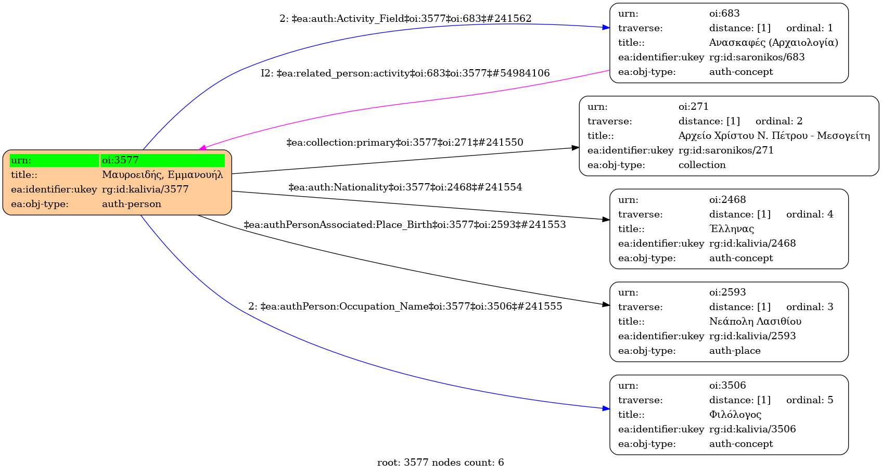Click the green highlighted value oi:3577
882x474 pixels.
[120, 160]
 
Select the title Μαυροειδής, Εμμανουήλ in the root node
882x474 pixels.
[162, 175]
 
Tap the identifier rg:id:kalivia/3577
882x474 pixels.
[145, 189]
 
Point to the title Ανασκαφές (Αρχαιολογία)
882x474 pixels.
[773, 43]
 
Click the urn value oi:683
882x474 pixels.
[724, 14]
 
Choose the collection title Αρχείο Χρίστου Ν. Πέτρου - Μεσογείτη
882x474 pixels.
[774, 136]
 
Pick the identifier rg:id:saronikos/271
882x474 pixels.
[726, 150]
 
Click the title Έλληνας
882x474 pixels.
[731, 229]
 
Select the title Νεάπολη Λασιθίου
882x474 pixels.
[755, 322]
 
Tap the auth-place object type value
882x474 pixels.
[735, 351]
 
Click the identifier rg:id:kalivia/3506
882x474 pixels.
[752, 429]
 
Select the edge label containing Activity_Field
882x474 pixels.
[405, 19]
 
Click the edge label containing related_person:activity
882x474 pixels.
[405, 73]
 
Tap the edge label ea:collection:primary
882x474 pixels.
[405, 143]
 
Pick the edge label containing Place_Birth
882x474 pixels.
[405, 225]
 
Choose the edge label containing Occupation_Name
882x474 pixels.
[405, 306]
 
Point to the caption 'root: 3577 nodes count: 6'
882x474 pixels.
[440, 463]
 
